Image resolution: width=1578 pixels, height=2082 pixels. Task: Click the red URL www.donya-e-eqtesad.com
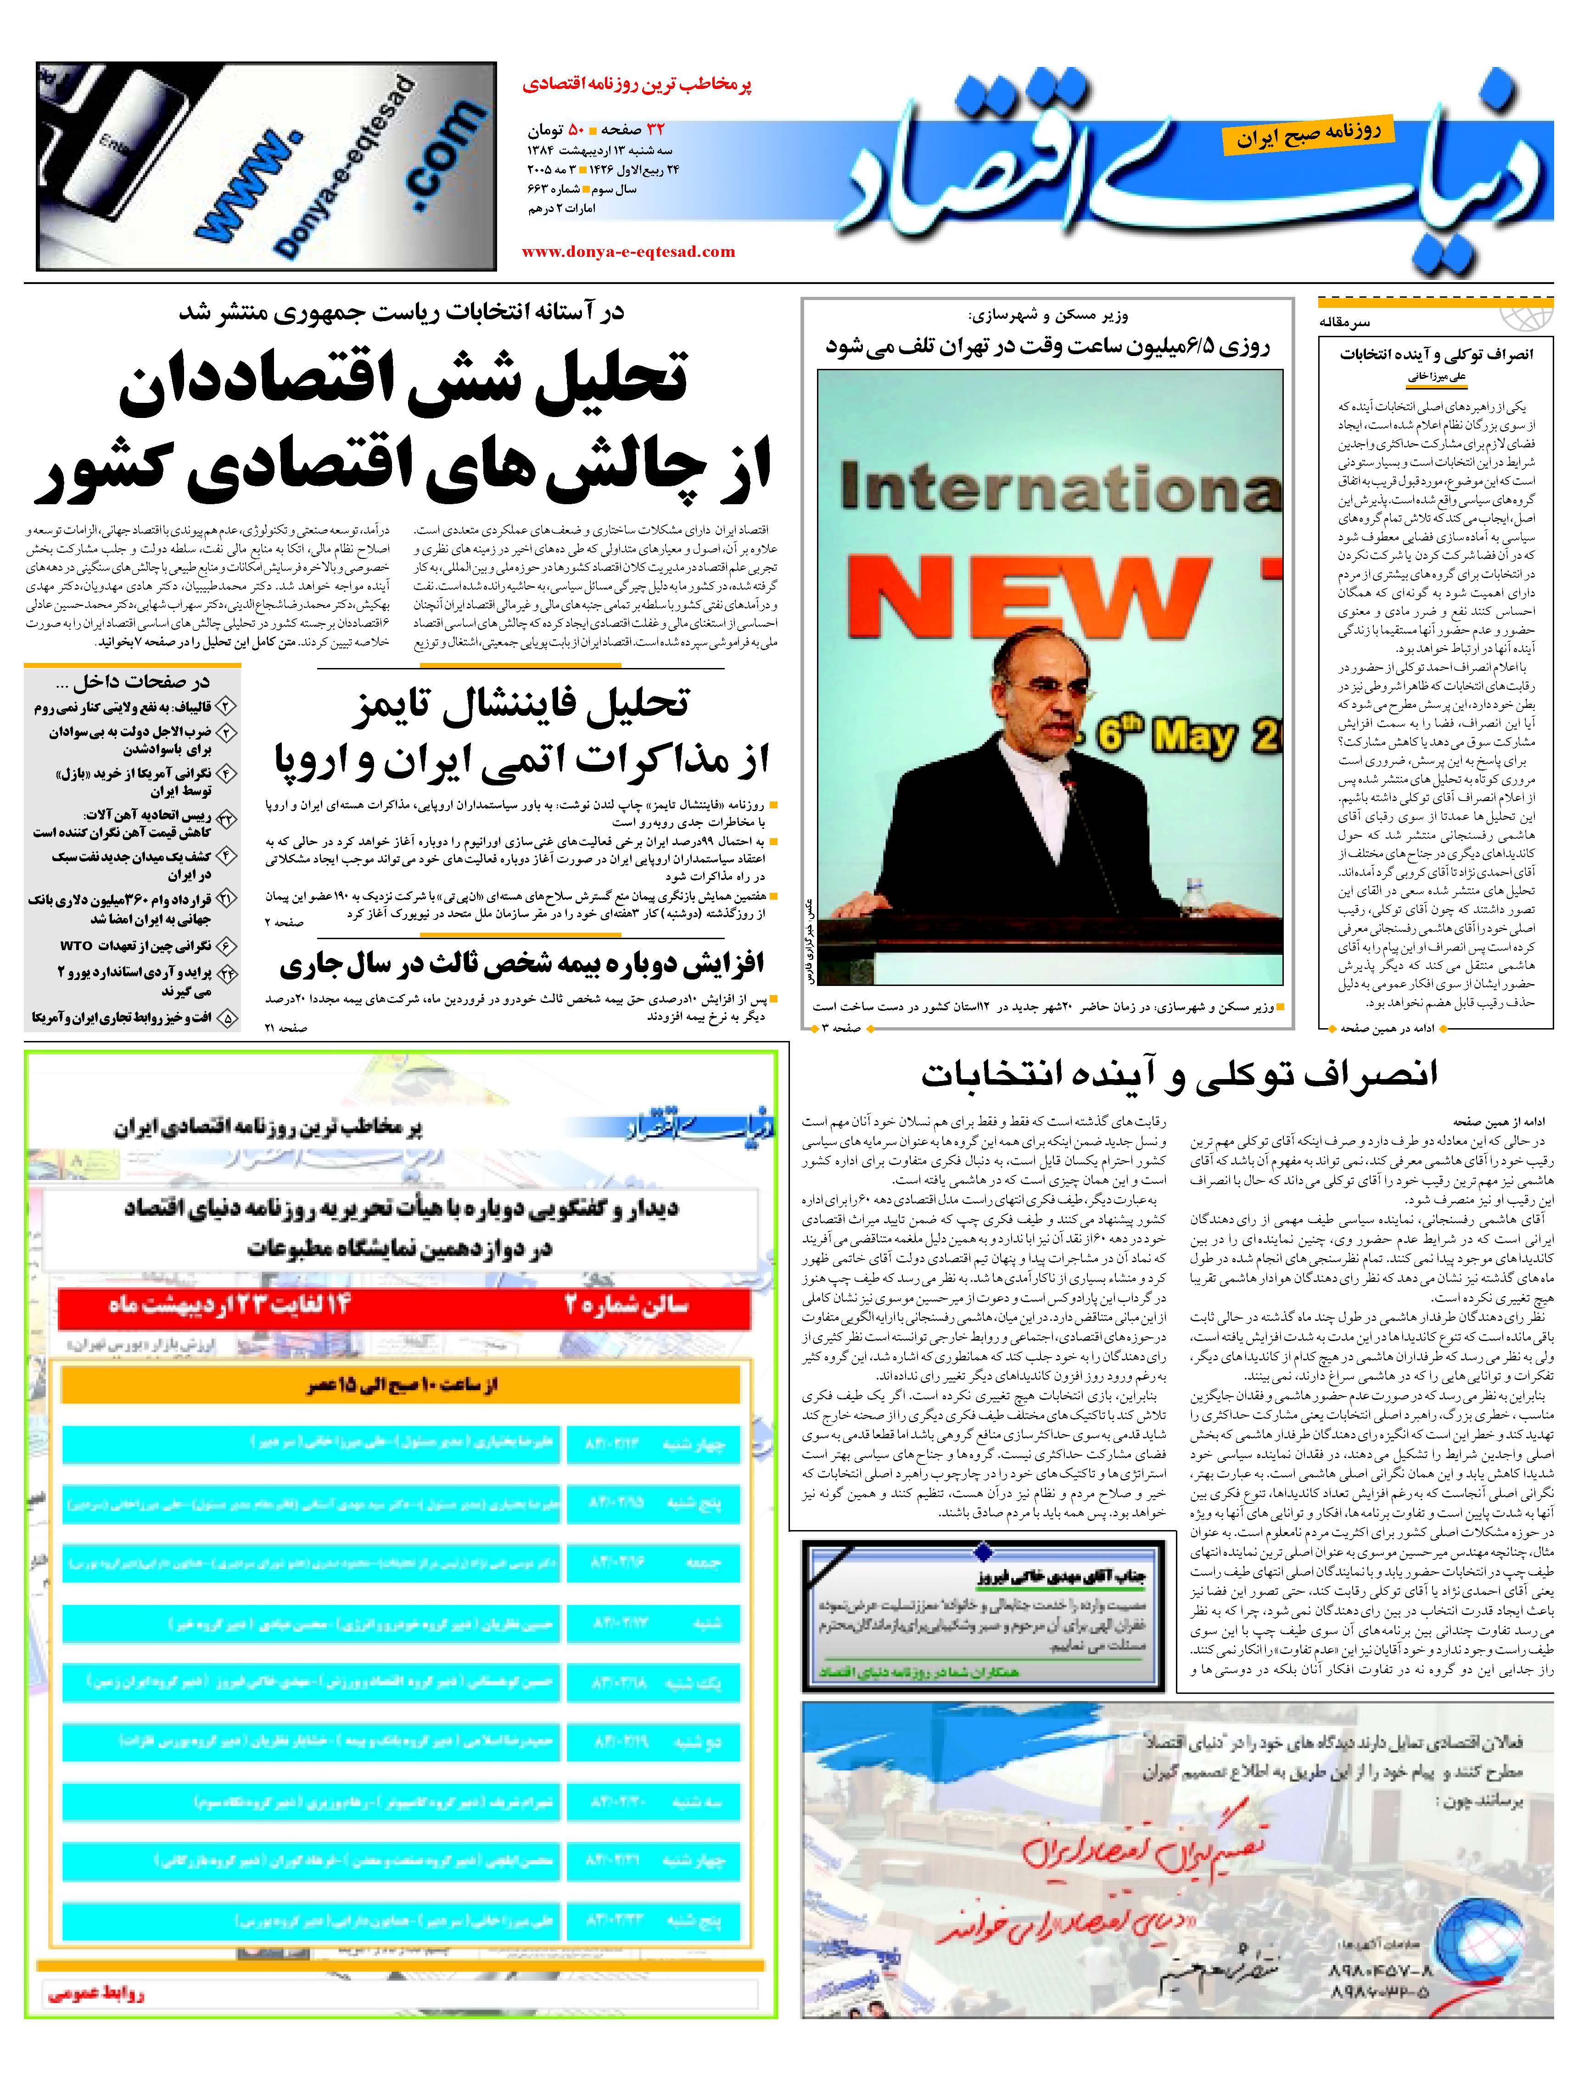[628, 251]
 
